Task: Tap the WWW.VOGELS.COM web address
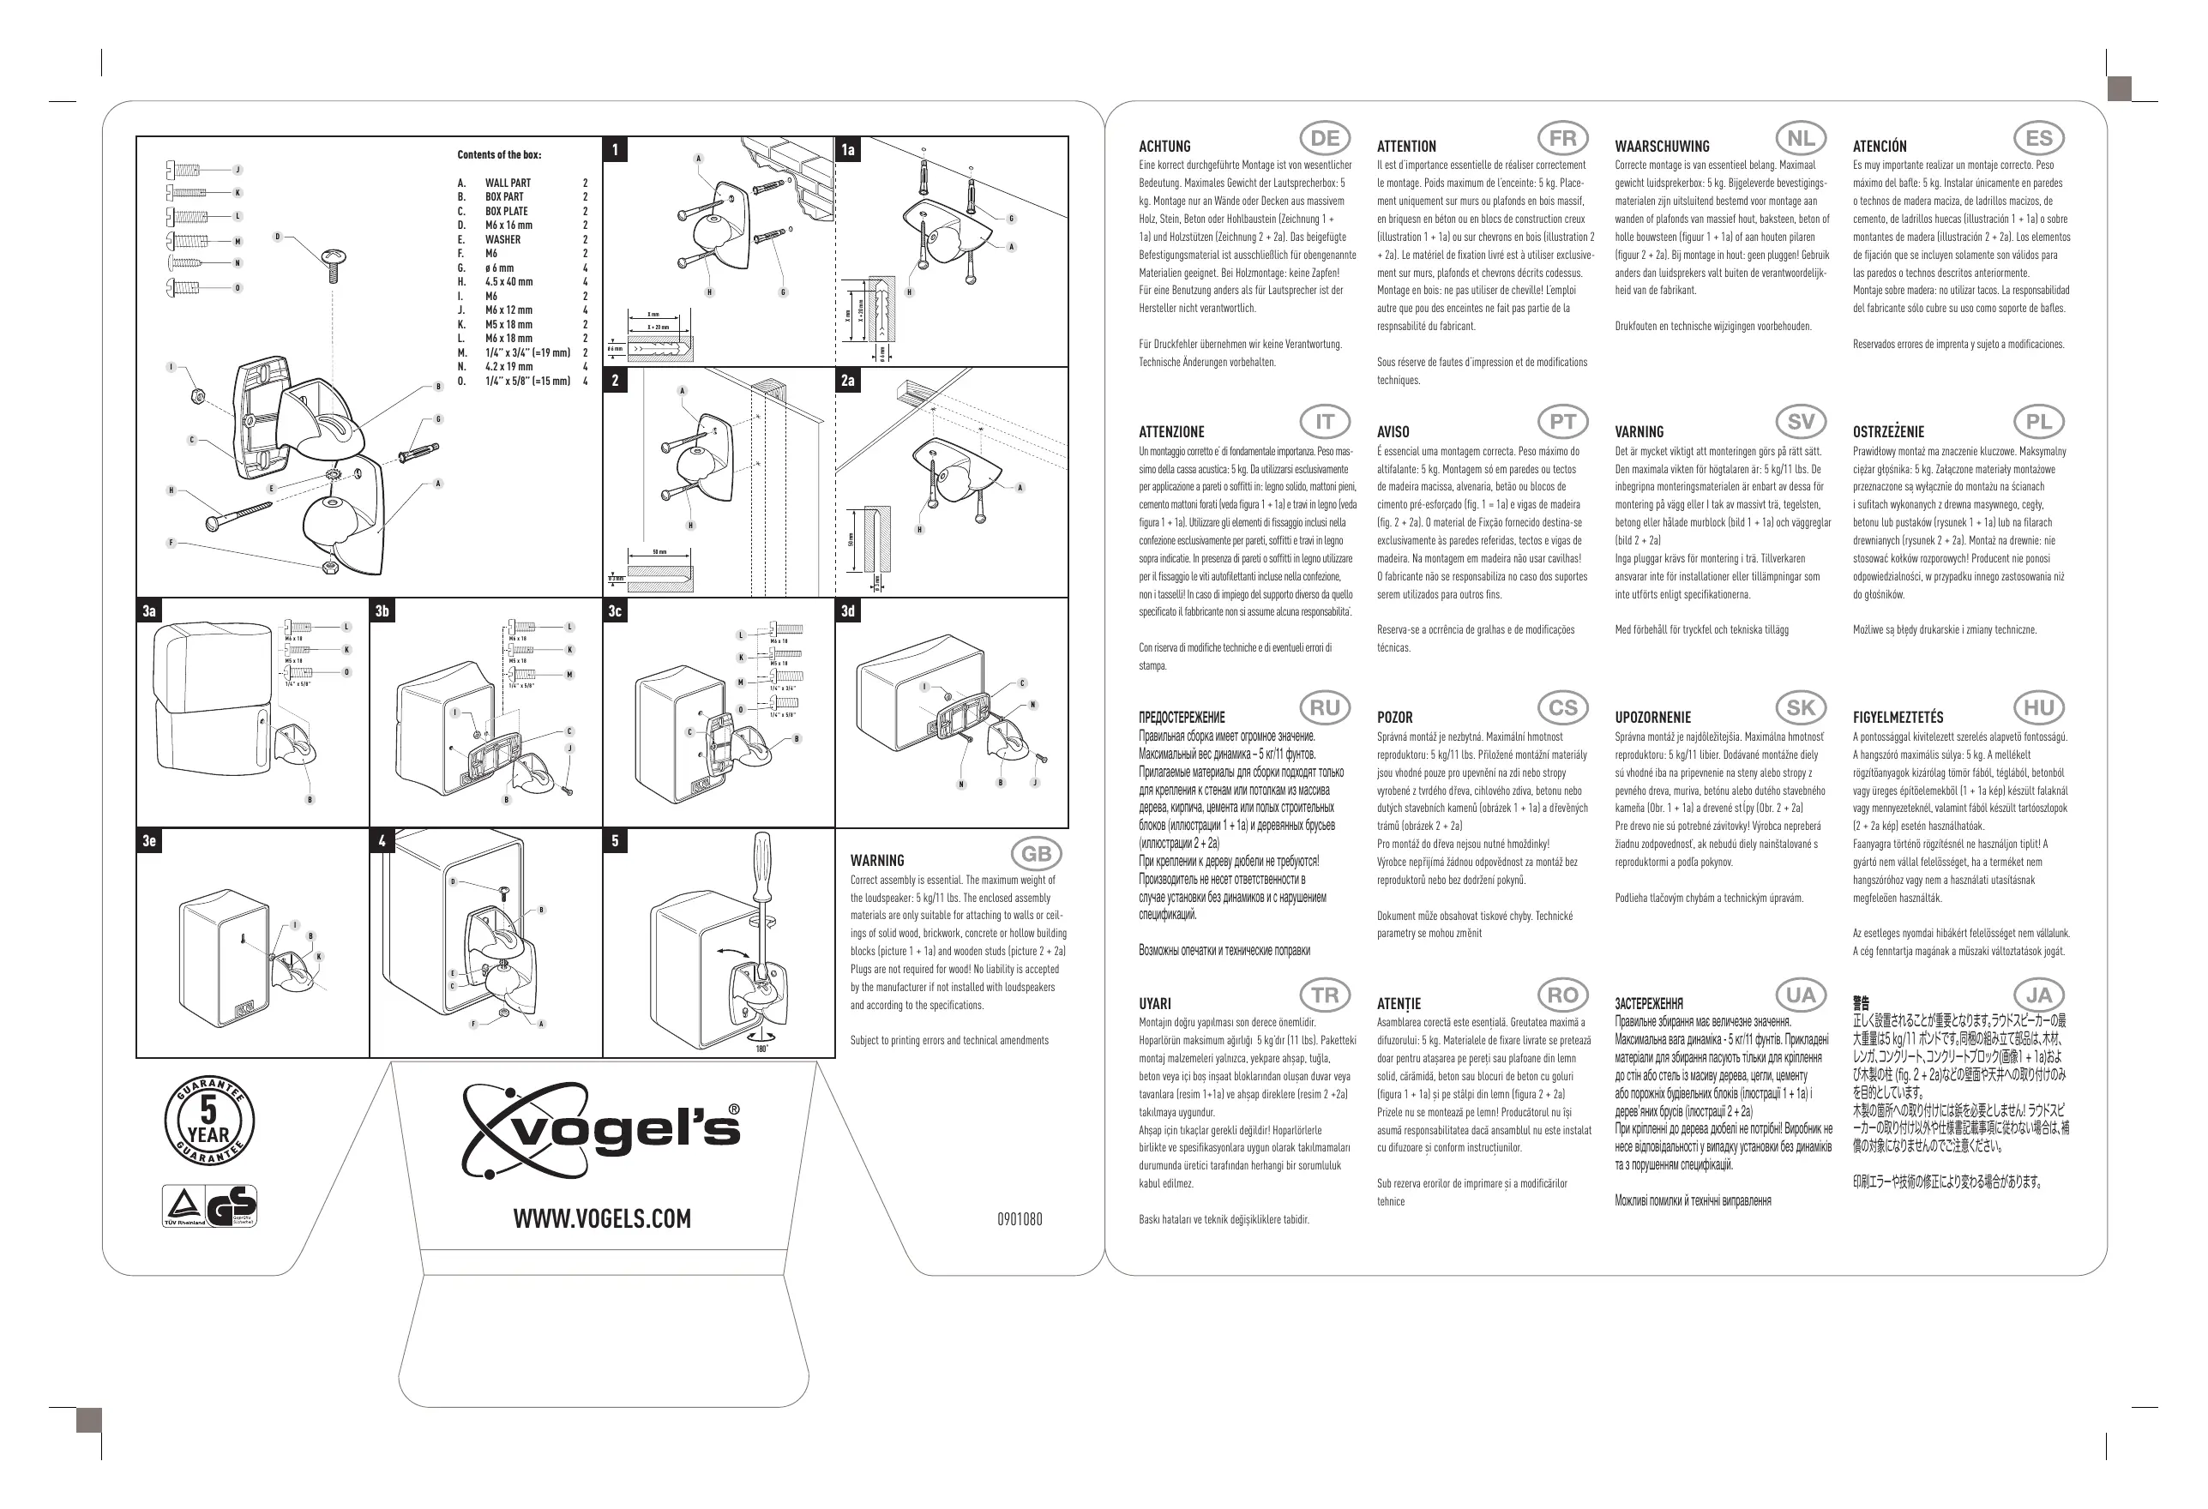point(601,1219)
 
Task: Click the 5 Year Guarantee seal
point(209,1121)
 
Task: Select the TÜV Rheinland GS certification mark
point(209,1207)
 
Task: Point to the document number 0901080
point(1019,1219)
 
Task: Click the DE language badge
point(1325,139)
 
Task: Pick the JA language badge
point(2038,995)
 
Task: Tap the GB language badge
point(1036,853)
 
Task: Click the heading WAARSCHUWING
point(1662,147)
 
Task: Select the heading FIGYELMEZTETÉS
point(1898,718)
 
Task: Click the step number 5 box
point(615,841)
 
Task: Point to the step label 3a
point(149,611)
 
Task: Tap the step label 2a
point(847,381)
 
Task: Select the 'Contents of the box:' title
point(499,155)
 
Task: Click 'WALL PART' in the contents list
point(508,183)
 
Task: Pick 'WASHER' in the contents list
point(502,239)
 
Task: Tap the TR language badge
point(1325,995)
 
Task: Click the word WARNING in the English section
point(877,861)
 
